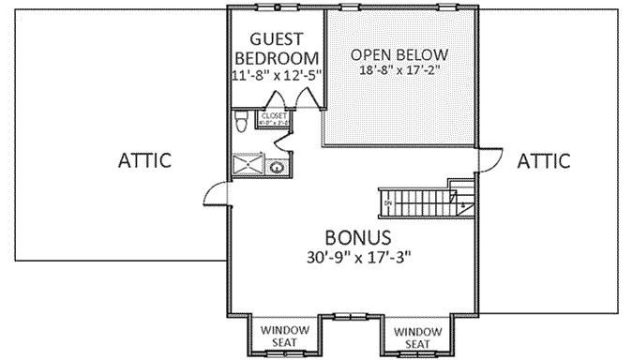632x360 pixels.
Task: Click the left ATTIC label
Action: pos(144,160)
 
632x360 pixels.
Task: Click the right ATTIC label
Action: pos(543,160)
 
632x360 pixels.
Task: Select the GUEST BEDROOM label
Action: pos(276,50)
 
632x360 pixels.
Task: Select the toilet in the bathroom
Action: pos(240,120)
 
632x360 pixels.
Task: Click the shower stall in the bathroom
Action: pos(248,166)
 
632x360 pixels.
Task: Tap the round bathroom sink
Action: pos(278,168)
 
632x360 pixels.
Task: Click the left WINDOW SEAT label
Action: pos(278,335)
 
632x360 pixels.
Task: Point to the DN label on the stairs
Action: pos(387,202)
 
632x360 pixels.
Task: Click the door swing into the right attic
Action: pos(487,160)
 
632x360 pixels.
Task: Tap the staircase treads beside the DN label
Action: pos(422,202)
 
